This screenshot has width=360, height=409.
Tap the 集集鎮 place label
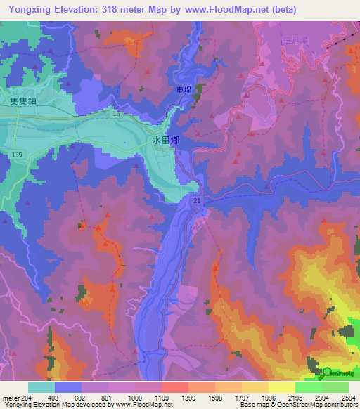coord(23,101)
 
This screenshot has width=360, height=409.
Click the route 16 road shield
coord(116,112)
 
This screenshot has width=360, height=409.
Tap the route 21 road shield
coord(198,201)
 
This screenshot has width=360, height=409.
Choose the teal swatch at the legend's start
coord(41,387)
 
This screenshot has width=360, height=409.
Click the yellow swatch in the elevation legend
coord(281,387)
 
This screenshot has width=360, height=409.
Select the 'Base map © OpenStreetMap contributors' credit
coord(297,405)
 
